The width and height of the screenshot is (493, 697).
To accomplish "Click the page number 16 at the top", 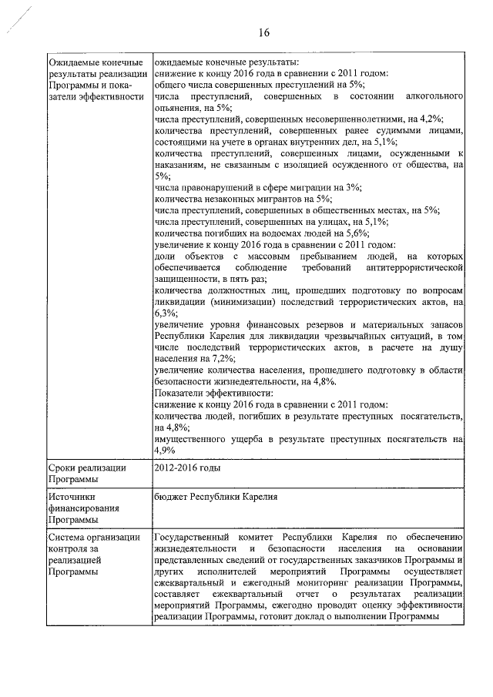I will (x=264, y=32).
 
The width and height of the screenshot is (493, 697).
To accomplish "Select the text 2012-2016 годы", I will (x=187, y=467).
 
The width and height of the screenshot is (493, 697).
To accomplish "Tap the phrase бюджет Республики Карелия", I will (x=215, y=498).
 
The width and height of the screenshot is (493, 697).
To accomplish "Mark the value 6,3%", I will (x=165, y=313).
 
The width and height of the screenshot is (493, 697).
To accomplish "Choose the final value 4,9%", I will (x=166, y=451).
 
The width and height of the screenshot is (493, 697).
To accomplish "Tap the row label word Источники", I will (x=71, y=498).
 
